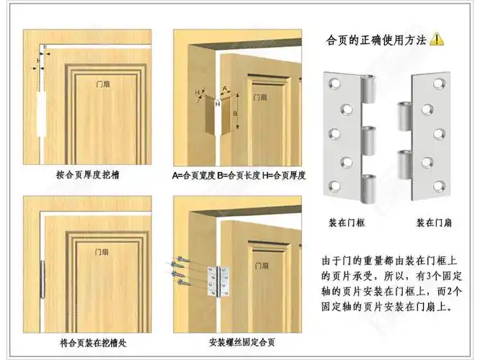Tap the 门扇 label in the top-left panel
pyautogui.click(x=105, y=84)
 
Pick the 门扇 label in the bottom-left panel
pyautogui.click(x=105, y=251)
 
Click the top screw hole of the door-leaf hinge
pyautogui.click(x=438, y=85)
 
